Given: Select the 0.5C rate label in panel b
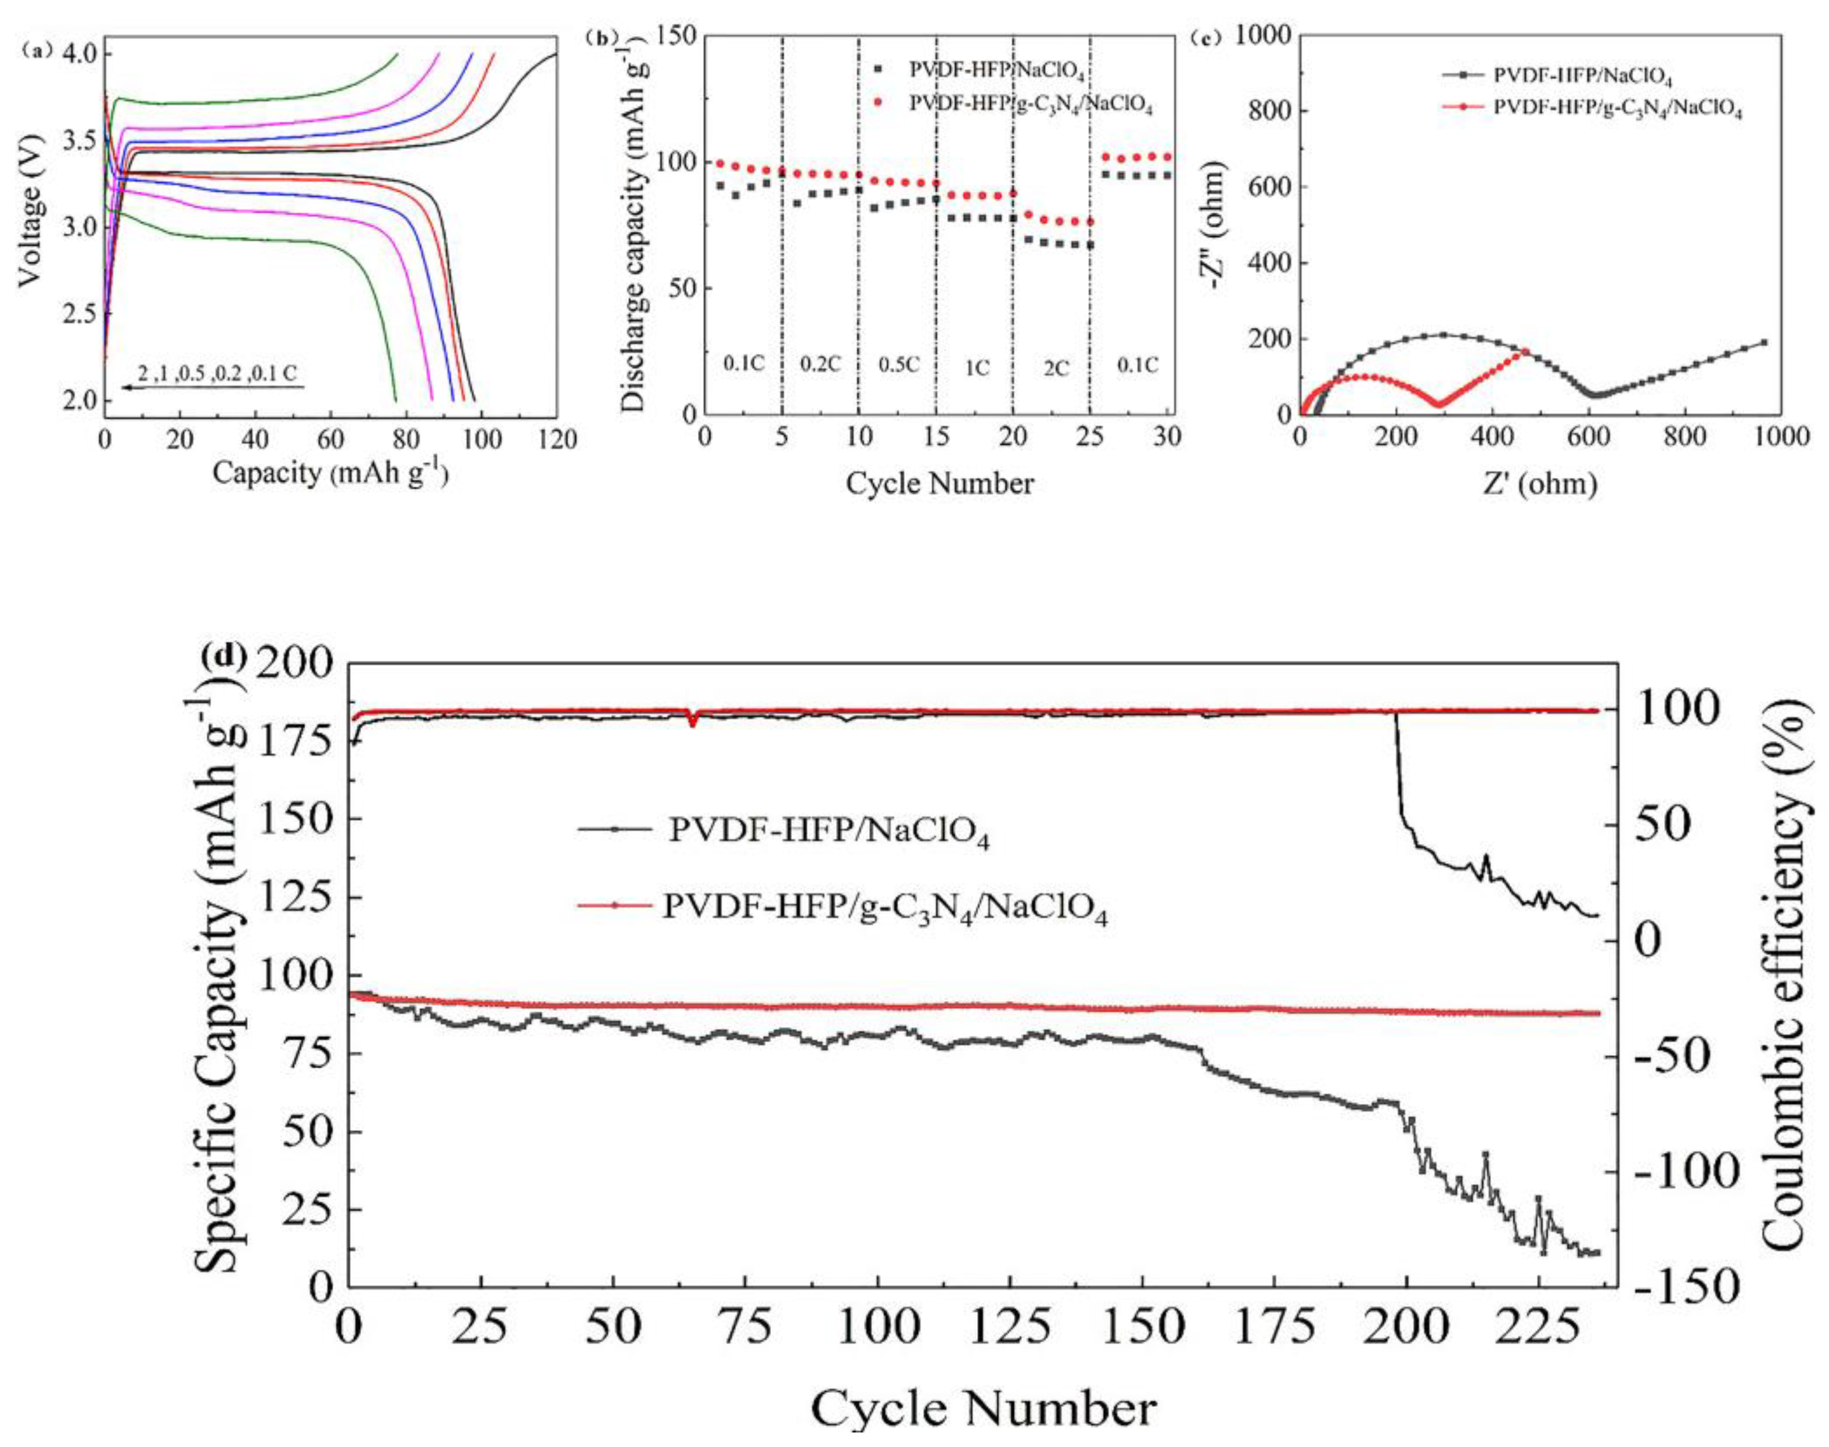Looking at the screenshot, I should click(898, 365).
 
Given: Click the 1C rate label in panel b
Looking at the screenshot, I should click(977, 369).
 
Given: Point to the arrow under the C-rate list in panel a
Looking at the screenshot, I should click(212, 388).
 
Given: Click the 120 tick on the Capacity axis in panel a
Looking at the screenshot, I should click(557, 439).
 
